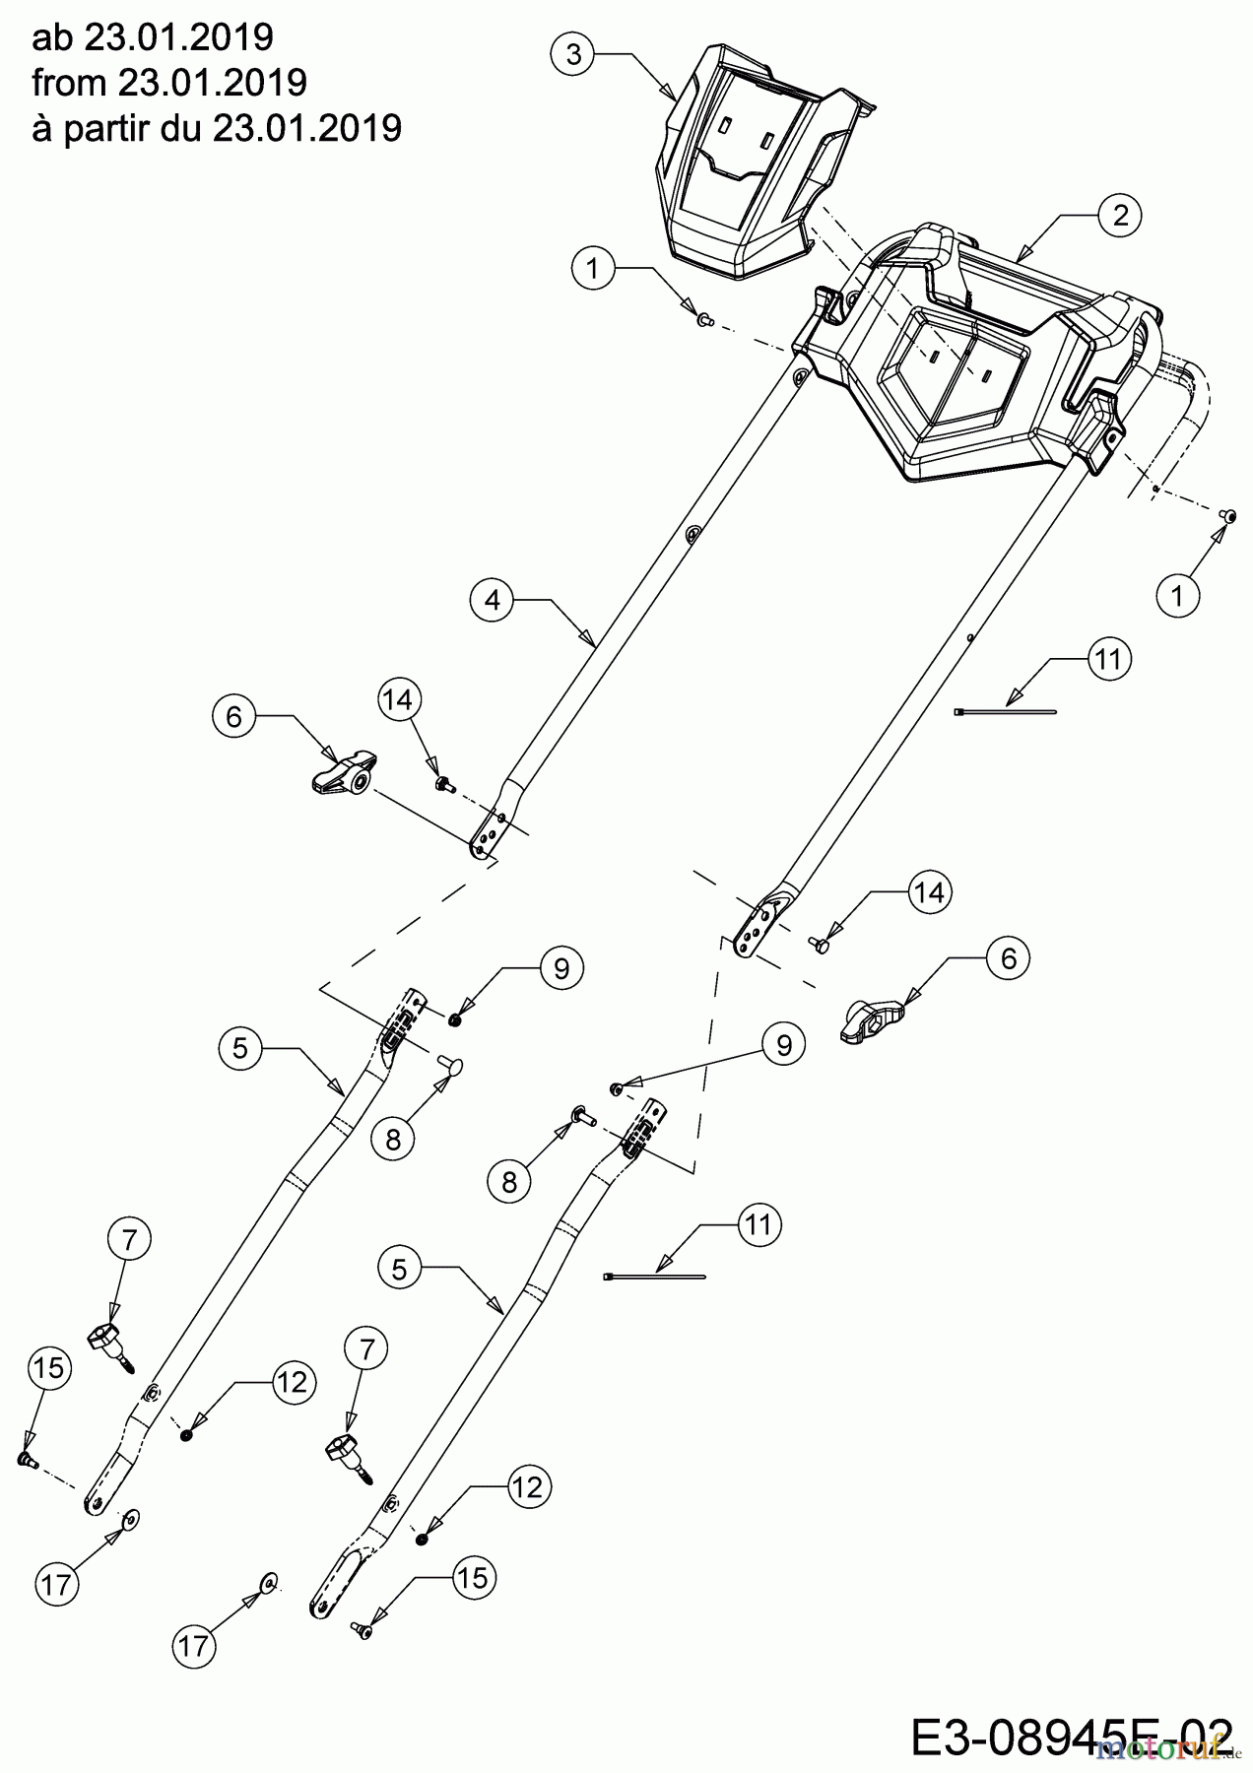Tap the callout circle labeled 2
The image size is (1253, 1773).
pyautogui.click(x=1120, y=216)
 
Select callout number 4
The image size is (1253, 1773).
pyautogui.click(x=493, y=600)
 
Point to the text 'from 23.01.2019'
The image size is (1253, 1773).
pyautogui.click(x=169, y=83)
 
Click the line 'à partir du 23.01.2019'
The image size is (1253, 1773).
pyautogui.click(x=217, y=128)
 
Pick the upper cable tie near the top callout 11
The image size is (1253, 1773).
pyautogui.click(x=1005, y=710)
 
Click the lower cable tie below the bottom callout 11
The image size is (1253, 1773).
pyautogui.click(x=653, y=1277)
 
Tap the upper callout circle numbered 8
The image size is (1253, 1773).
pyautogui.click(x=393, y=1140)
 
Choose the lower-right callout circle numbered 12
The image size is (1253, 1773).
pyautogui.click(x=528, y=1486)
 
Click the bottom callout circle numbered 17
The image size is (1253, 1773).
pyautogui.click(x=195, y=1645)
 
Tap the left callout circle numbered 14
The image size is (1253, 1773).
pyautogui.click(x=399, y=700)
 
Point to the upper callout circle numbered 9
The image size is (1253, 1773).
pyautogui.click(x=561, y=968)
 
